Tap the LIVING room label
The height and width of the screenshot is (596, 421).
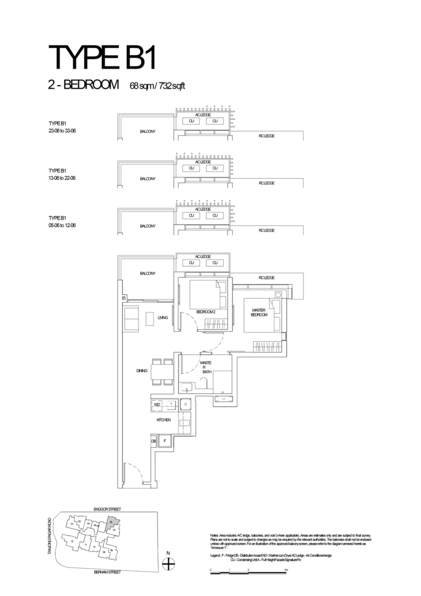tap(162, 318)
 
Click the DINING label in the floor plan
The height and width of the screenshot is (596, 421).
tap(142, 370)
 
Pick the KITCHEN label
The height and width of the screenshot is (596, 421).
tap(163, 419)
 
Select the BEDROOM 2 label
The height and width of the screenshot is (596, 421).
tap(206, 313)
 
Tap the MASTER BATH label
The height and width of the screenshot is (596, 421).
tap(206, 368)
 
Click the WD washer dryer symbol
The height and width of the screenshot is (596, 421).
tap(157, 403)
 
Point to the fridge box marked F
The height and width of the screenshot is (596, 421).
tap(165, 442)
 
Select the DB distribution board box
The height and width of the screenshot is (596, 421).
tap(154, 442)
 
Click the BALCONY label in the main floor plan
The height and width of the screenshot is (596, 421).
tap(147, 272)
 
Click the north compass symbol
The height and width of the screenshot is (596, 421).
tap(168, 563)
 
